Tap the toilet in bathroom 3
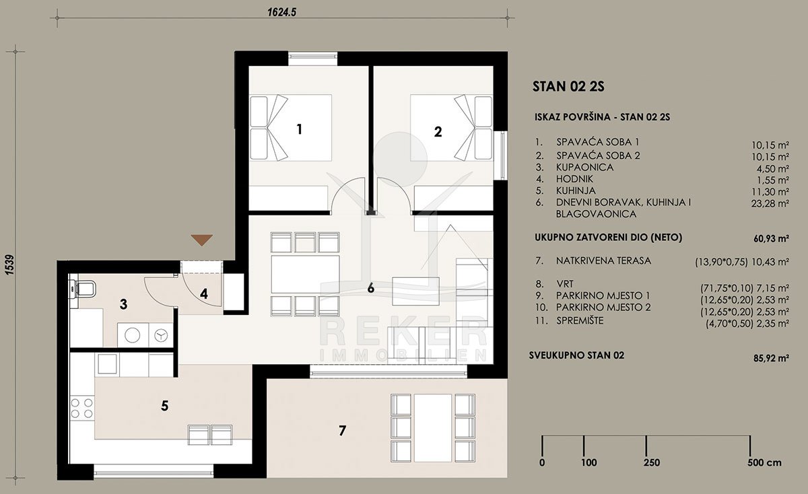[x=83, y=289]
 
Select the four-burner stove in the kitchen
[x=81, y=408]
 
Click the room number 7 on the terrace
[x=342, y=430]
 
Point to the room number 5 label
[x=164, y=406]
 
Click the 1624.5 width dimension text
[x=281, y=12]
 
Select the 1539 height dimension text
[x=10, y=265]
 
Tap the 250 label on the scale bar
[x=652, y=462]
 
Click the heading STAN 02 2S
[x=568, y=87]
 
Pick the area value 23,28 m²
[x=770, y=204]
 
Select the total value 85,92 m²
[x=770, y=359]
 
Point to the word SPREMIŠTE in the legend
[x=580, y=320]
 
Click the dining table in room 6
[x=305, y=275]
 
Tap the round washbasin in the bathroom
[x=133, y=335]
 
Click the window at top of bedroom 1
[x=312, y=58]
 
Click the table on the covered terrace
[x=433, y=427]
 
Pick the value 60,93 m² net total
[x=771, y=239]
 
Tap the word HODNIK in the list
[x=574, y=179]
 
